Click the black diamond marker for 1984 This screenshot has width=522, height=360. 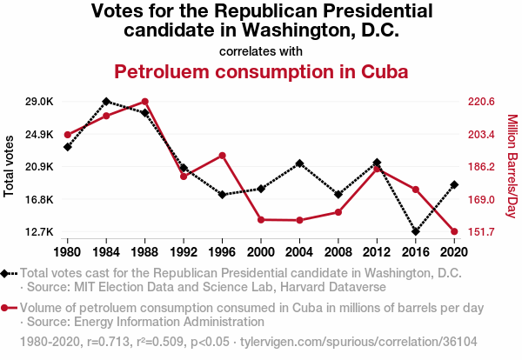point(106,102)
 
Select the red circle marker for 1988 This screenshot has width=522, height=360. point(145,102)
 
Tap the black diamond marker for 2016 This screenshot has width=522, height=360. point(415,232)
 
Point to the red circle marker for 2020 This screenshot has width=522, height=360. point(454,232)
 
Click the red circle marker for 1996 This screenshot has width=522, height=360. point(223,156)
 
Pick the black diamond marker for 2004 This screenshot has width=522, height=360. point(299,163)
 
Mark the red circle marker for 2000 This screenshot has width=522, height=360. point(261,220)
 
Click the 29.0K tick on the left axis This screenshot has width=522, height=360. point(40,102)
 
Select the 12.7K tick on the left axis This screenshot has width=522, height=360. point(40,232)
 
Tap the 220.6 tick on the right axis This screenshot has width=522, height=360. point(481,102)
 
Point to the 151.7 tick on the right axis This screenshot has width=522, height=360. point(481,232)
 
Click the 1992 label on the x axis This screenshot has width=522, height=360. point(184,252)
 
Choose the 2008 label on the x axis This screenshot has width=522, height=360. point(338,252)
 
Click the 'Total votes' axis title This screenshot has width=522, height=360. point(10,166)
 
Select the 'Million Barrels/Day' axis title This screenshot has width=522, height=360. point(512,166)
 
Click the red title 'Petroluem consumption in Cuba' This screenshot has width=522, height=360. point(261,70)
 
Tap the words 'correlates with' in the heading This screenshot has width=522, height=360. point(261,50)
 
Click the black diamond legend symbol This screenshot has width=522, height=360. point(7,274)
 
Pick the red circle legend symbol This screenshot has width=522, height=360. point(7,308)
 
